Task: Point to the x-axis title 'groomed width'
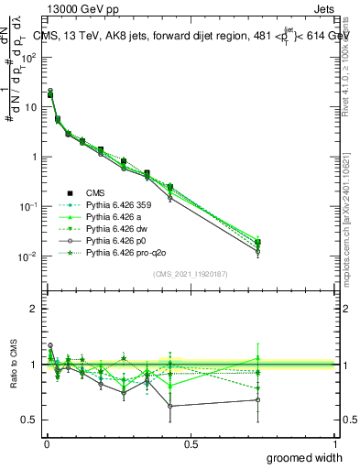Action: click(307, 457)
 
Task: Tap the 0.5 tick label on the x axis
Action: click(190, 443)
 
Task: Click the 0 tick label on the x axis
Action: click(46, 443)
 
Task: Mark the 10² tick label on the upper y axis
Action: click(29, 57)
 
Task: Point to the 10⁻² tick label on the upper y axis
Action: click(29, 256)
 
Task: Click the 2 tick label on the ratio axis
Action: click(33, 309)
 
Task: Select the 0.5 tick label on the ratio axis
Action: click(29, 420)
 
